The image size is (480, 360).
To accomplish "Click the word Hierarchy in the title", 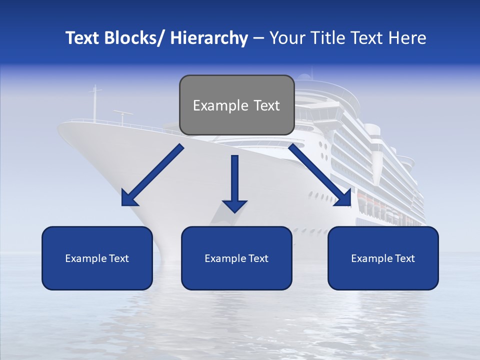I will pos(209,38).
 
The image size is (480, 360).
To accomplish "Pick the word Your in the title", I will pos(287,38).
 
